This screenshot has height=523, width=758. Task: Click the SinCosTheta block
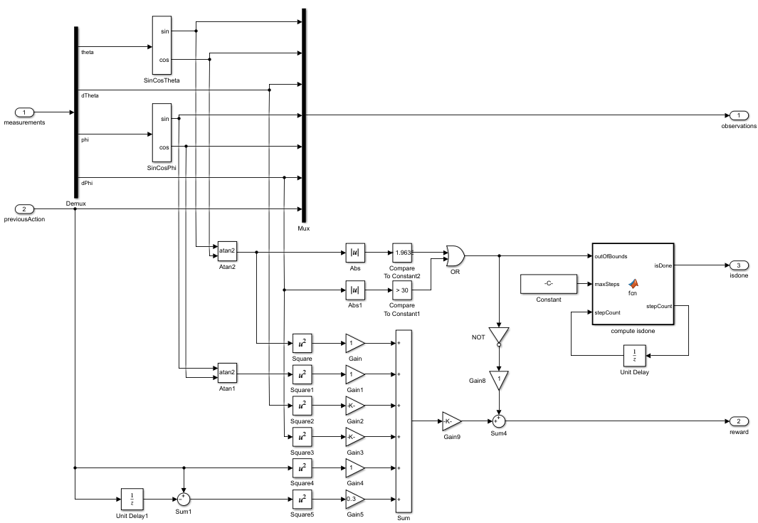tap(162, 46)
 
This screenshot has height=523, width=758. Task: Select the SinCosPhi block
tap(162, 132)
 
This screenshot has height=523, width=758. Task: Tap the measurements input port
tap(25, 112)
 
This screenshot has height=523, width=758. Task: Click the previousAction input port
tap(25, 209)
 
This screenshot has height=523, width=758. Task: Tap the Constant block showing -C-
tap(549, 284)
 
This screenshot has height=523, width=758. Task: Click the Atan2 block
tap(227, 251)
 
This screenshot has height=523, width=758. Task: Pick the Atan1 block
tap(227, 372)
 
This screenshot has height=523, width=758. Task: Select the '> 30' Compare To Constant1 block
tap(402, 290)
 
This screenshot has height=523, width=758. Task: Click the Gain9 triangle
tap(450, 421)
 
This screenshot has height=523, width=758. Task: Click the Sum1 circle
tap(184, 499)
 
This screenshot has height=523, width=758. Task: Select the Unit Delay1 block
tap(132, 499)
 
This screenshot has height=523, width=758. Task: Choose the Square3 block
tap(302, 436)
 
